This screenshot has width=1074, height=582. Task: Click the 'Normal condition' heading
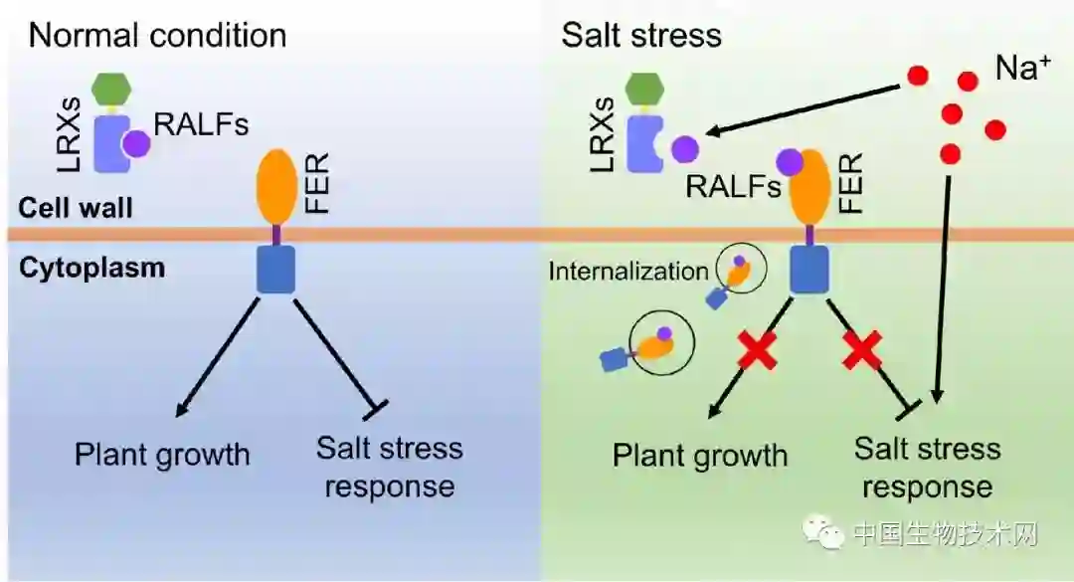point(157,36)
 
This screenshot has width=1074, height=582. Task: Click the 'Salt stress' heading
point(640,36)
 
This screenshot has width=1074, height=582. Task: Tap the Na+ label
point(1022,69)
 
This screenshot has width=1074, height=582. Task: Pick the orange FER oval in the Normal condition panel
point(277,186)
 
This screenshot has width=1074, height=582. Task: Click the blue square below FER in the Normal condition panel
point(275,270)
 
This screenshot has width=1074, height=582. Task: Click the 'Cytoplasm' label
point(90,268)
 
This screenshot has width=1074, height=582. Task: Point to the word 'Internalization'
point(627,270)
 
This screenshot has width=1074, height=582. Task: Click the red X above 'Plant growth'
point(757,352)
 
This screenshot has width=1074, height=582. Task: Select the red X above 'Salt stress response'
point(862,352)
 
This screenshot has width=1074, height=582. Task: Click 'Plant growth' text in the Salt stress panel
point(699,456)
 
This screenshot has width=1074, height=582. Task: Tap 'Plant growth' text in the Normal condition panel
point(162,455)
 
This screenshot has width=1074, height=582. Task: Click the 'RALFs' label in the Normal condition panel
point(201,123)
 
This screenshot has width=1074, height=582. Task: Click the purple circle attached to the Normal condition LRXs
point(136,145)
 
